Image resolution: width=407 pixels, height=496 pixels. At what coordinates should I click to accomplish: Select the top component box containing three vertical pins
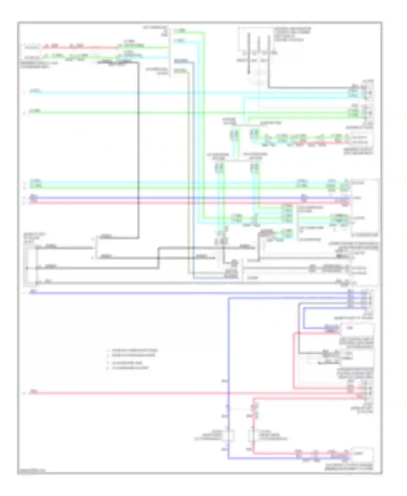tap(255, 40)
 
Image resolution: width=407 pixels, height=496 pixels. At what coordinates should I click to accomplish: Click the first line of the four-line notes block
tap(132, 350)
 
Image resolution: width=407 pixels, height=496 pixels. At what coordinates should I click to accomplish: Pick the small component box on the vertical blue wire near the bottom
tap(228, 436)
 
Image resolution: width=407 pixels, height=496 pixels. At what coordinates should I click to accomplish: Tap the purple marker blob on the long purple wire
tap(304, 198)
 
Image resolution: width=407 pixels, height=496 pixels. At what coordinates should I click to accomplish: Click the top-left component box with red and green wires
tap(31, 52)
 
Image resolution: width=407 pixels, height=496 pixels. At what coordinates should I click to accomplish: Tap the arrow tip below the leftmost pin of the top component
tap(249, 73)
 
